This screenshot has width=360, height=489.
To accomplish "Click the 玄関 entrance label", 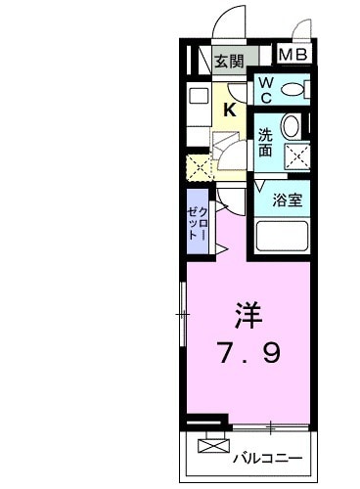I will click(230, 60).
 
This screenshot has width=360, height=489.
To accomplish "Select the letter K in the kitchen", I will click(229, 110).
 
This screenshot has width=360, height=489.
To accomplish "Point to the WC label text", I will click(265, 89).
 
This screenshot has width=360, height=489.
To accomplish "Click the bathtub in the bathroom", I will click(282, 236).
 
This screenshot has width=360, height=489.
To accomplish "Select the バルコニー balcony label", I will click(267, 458).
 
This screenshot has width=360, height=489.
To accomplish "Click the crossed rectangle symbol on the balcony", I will click(209, 448).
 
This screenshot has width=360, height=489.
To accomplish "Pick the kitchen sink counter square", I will click(198, 96).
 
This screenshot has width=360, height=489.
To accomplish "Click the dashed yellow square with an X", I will click(199, 167).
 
